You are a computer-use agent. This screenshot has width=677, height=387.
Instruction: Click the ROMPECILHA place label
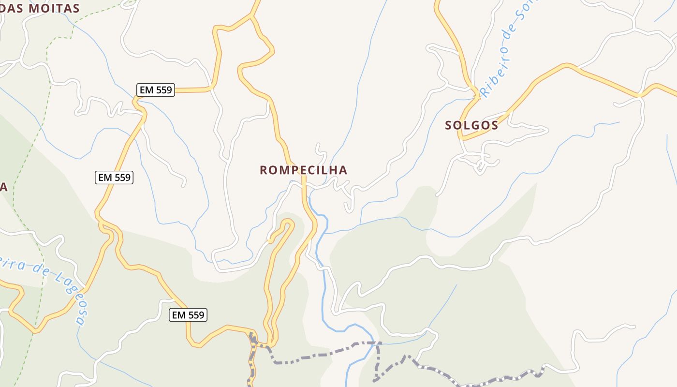(303, 170)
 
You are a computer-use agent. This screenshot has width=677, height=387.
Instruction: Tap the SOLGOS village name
(471, 125)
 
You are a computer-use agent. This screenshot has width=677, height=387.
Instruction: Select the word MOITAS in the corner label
(54, 8)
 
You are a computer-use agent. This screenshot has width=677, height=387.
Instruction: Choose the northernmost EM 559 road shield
(155, 90)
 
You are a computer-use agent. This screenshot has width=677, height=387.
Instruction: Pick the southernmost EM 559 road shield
(189, 315)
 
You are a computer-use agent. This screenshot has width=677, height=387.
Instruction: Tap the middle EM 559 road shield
(114, 178)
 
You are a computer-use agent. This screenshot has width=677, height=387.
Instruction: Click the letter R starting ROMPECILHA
(264, 170)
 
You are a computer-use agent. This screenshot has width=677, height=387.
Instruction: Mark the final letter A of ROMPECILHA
(343, 170)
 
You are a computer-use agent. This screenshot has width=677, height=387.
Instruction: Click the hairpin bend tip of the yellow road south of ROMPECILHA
(288, 223)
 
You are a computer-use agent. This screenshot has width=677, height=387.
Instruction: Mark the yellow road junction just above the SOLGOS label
(476, 91)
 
